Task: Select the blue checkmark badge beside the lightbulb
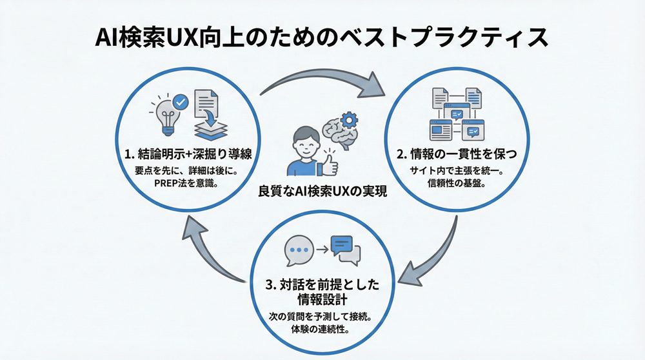click(x=181, y=101)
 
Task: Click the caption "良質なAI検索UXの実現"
click(x=322, y=192)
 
